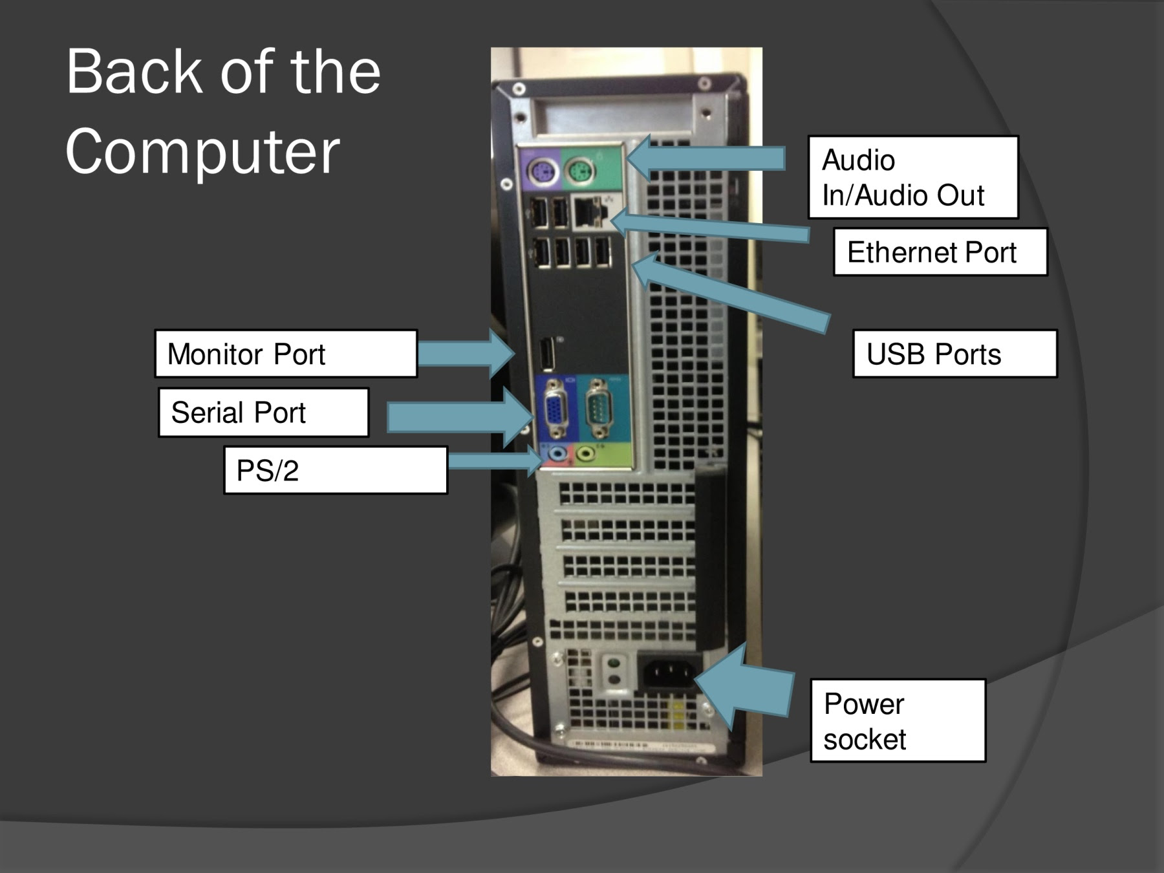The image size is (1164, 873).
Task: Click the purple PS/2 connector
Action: [542, 172]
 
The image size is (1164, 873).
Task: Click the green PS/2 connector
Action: [579, 172]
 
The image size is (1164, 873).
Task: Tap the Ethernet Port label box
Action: [940, 252]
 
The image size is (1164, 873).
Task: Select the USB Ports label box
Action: [954, 354]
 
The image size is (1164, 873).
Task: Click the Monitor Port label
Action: [286, 354]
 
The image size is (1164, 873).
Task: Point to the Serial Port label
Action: [263, 413]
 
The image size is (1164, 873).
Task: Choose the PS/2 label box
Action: [335, 470]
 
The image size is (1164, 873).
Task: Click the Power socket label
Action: [898, 720]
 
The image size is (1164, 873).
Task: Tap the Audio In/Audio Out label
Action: [912, 177]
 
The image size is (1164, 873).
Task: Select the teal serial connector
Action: [598, 409]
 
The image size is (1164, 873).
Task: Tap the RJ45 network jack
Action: [587, 212]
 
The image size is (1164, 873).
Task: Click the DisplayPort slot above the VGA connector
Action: [548, 354]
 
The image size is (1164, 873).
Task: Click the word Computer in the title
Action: [202, 152]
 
